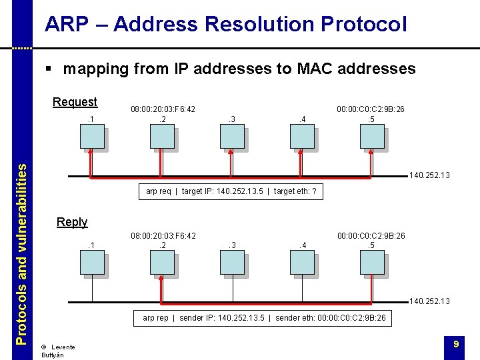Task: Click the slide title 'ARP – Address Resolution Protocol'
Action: [225, 25]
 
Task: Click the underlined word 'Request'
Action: [75, 102]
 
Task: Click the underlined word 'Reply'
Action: [72, 222]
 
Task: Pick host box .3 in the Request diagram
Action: [233, 137]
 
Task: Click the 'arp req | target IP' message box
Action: [231, 191]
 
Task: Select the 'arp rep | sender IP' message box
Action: [264, 318]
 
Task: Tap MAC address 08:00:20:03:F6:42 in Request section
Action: [163, 109]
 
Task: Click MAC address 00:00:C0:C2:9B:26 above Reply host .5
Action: [371, 235]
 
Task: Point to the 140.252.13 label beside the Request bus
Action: [430, 176]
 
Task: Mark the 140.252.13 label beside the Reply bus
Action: [430, 301]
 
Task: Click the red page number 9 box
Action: [455, 344]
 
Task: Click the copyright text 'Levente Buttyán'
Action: [57, 351]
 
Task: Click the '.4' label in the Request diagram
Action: [302, 119]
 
